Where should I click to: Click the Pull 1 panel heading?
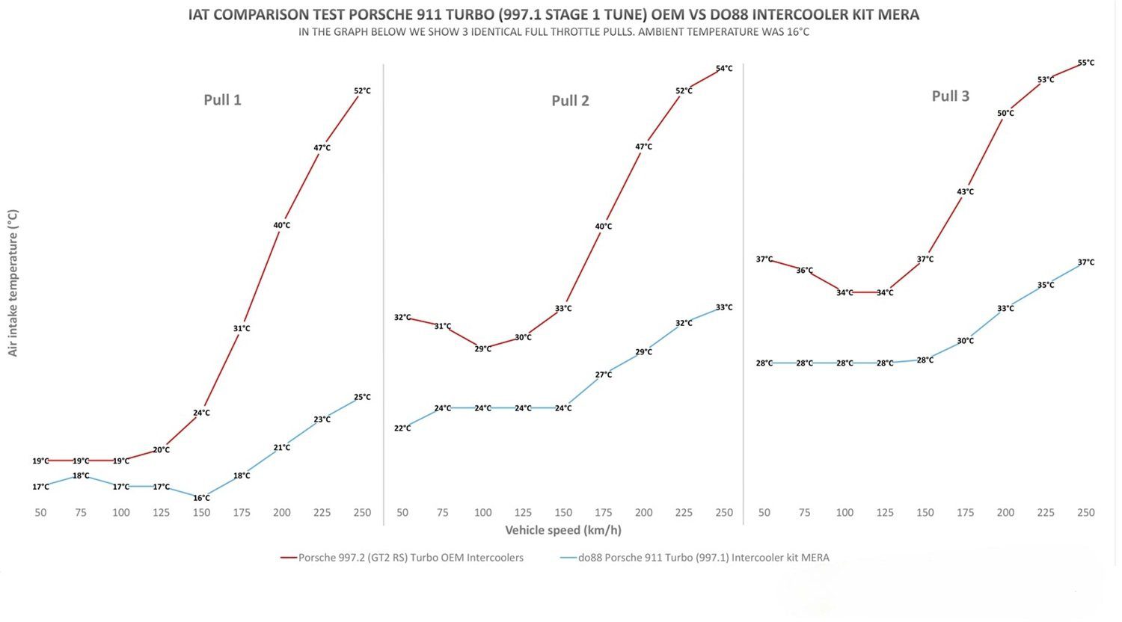[222, 99]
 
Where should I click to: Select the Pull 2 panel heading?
[570, 100]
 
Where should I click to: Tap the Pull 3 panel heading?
[950, 96]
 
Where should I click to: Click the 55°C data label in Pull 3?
[1085, 63]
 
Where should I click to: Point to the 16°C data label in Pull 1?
[201, 498]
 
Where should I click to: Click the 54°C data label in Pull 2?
[724, 69]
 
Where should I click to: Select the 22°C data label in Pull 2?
[402, 428]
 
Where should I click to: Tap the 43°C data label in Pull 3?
[965, 192]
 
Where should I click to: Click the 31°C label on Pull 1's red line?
[242, 328]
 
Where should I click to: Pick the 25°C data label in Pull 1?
[362, 397]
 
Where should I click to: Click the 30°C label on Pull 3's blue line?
[965, 341]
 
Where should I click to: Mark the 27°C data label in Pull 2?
[603, 375]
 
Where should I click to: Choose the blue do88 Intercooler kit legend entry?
[694, 557]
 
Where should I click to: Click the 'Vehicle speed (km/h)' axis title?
[562, 530]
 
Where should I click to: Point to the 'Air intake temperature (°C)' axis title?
[13, 283]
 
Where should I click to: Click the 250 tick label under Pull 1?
[362, 513]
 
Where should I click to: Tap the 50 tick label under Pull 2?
[402, 513]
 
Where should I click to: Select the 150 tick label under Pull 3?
[925, 513]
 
